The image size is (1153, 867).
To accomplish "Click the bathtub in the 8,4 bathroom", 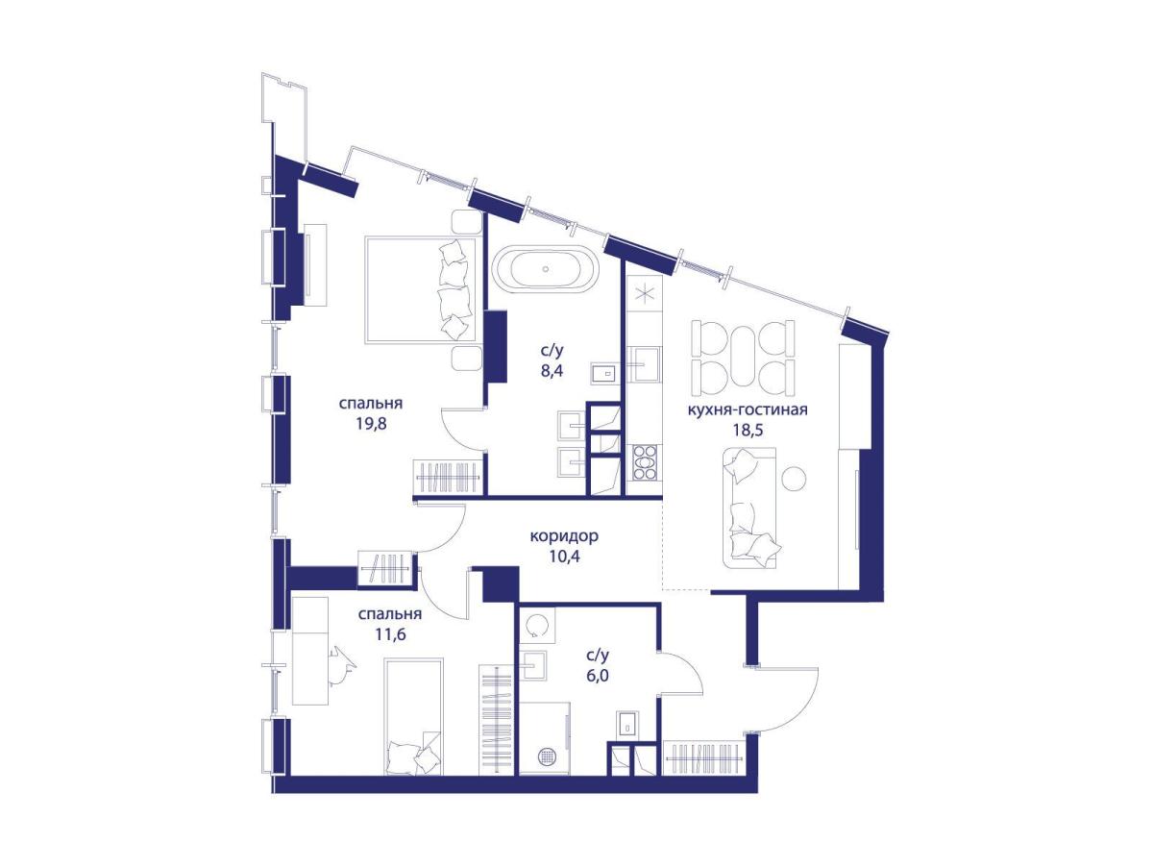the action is [545, 268].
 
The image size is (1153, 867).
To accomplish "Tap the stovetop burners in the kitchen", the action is [645, 462].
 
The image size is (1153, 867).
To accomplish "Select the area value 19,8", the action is [371, 423].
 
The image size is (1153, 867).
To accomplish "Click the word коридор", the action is [564, 536].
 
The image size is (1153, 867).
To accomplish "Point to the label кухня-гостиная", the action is [748, 409].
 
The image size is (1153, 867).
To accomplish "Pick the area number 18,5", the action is [748, 431].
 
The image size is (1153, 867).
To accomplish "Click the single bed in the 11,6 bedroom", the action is [414, 716].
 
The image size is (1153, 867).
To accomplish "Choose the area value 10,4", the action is [564, 557].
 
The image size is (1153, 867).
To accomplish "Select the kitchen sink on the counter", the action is [647, 363].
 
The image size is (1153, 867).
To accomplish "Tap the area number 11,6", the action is [390, 634].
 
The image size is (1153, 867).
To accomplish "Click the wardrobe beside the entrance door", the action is [704, 757].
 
